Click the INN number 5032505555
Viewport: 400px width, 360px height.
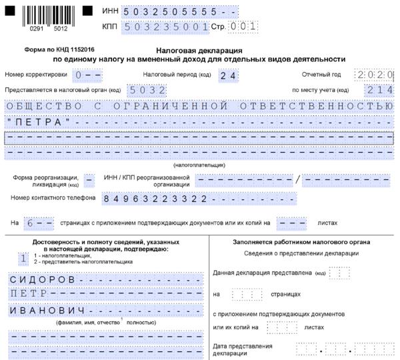171,13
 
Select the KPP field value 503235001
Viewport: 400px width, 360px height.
171,27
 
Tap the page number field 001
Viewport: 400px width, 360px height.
242,27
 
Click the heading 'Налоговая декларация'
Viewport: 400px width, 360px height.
198,50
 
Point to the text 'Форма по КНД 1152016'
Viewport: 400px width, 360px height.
59,50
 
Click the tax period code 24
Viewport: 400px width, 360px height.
228,75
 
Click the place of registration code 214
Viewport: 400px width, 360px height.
379,90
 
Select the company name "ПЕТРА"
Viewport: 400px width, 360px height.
38,122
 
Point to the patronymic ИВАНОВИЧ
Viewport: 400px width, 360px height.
47,311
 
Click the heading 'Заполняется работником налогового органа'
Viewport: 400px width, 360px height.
301,242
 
